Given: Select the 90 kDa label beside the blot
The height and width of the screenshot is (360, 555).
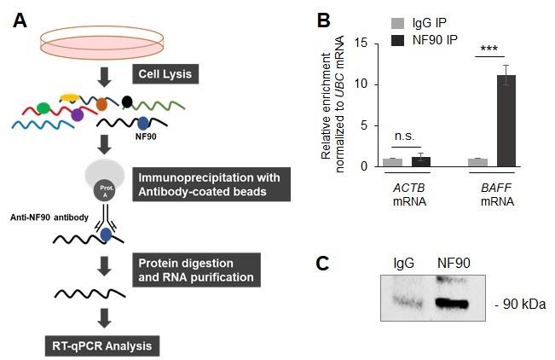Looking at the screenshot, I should [521, 304].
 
